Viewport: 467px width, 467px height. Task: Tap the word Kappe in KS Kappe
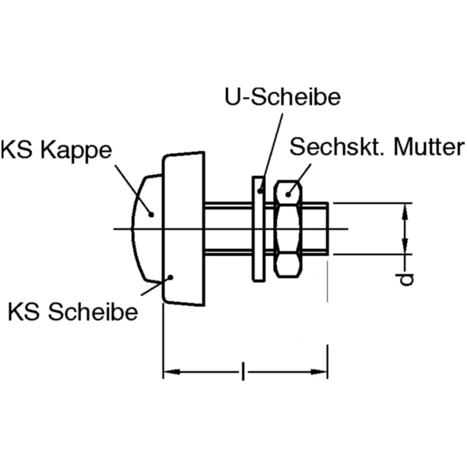pyautogui.click(x=83, y=149)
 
